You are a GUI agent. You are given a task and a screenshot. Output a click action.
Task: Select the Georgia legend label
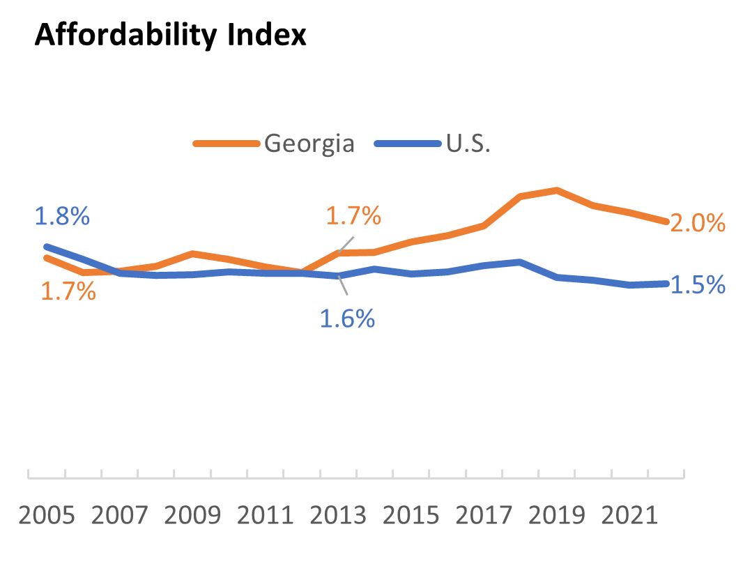[x=309, y=144]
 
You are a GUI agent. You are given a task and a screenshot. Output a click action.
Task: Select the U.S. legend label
[x=468, y=144]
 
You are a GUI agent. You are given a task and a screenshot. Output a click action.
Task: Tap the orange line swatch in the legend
[x=227, y=144]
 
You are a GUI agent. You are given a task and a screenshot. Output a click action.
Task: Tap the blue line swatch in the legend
[x=407, y=144]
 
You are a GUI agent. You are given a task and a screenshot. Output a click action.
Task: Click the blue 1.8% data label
[x=61, y=216]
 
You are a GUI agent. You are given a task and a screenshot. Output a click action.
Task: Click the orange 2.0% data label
[x=698, y=223]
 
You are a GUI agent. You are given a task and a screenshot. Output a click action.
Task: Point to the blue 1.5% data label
[x=698, y=284]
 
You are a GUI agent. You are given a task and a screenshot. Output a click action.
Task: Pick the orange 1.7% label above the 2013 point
[x=353, y=216]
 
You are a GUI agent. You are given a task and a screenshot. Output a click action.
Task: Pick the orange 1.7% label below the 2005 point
[x=68, y=291]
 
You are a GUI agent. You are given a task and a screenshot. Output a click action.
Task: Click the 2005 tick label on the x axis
[x=47, y=517]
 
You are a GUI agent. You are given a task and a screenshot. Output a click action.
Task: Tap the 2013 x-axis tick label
[x=338, y=517]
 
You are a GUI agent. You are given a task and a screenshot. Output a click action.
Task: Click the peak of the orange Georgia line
[x=556, y=190]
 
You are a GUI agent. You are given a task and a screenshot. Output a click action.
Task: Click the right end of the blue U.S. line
[x=666, y=284]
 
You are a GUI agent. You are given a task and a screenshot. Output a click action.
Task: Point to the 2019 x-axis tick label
[x=557, y=517]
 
